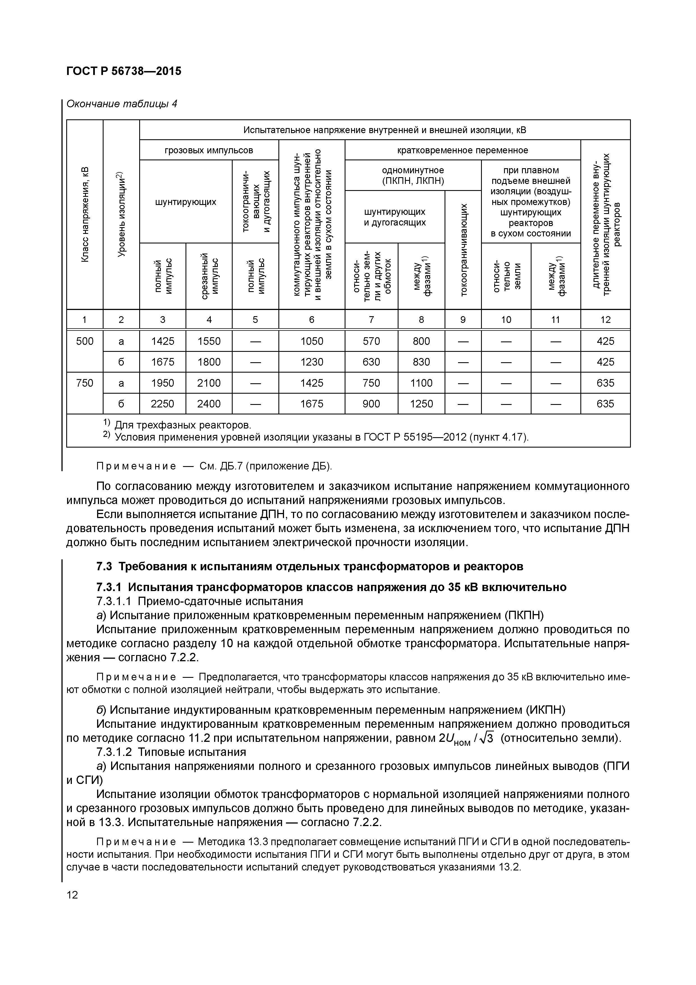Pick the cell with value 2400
coord(209,404)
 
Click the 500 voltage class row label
coord(84,341)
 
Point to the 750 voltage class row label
coord(84,383)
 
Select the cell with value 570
coord(371,341)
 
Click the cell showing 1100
coord(421,383)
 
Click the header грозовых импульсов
coord(209,150)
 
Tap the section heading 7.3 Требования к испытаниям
coord(310,566)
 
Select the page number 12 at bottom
coord(72,895)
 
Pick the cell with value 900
coord(371,404)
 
